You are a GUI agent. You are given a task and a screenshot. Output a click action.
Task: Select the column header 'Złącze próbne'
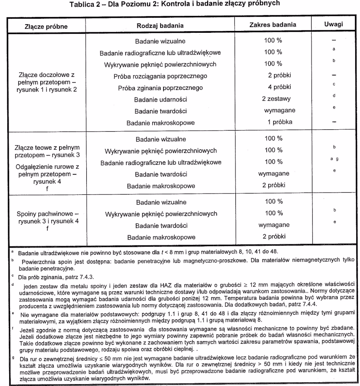[x=46, y=26]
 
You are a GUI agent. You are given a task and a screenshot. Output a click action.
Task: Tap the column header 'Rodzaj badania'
[x=160, y=26]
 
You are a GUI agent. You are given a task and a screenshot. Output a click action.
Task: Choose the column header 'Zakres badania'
[x=273, y=25]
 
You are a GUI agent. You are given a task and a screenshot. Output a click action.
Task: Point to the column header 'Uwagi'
[x=333, y=25]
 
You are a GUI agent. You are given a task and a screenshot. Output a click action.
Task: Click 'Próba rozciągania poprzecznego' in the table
[x=160, y=76]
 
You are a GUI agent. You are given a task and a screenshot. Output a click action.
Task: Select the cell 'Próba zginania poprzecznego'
[x=160, y=88]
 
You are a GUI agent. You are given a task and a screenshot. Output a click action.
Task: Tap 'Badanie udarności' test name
[x=160, y=100]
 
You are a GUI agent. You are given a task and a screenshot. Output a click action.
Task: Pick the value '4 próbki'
[x=279, y=87]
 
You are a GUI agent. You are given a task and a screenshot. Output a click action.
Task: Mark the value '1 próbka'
[x=279, y=122]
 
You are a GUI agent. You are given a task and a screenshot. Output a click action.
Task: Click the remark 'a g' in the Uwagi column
[x=334, y=159]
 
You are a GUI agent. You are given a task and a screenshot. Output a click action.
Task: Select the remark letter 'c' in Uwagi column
[x=334, y=84]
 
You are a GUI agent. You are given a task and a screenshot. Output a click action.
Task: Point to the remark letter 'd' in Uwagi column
[x=334, y=96]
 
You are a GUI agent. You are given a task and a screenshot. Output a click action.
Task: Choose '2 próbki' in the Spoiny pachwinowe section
[x=274, y=236]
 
